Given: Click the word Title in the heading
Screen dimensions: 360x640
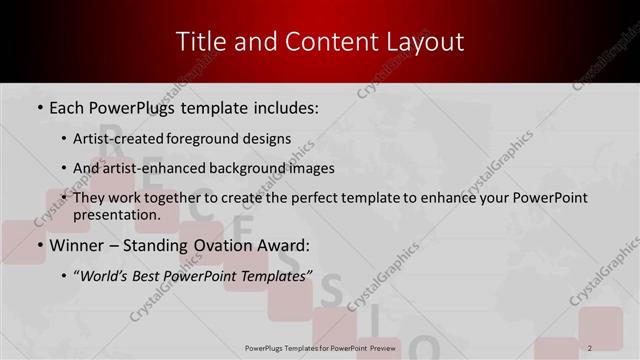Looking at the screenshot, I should click(199, 42).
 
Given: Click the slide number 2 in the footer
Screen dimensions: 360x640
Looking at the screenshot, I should click(590, 347).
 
